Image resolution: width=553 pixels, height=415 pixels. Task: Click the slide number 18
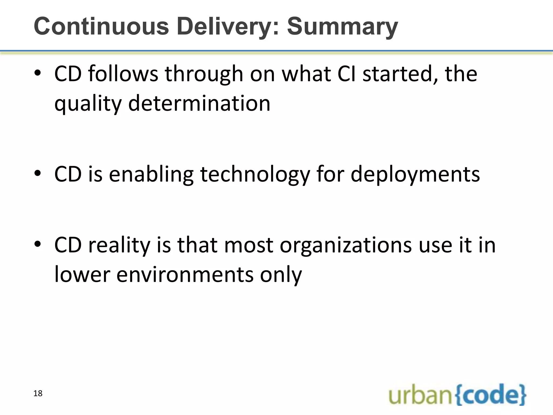pos(38,393)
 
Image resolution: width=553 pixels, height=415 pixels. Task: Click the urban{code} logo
pos(457,395)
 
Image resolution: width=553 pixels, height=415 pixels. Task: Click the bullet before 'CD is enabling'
pos(38,174)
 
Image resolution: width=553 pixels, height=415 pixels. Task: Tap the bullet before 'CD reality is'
pos(38,245)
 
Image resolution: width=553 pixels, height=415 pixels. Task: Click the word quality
pos(88,104)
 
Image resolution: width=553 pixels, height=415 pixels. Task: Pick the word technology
pos(255,175)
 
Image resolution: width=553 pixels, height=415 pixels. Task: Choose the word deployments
pos(415,175)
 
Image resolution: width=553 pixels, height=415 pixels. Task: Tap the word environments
pos(185,275)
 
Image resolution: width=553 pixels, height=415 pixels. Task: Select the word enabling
pos(151,175)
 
